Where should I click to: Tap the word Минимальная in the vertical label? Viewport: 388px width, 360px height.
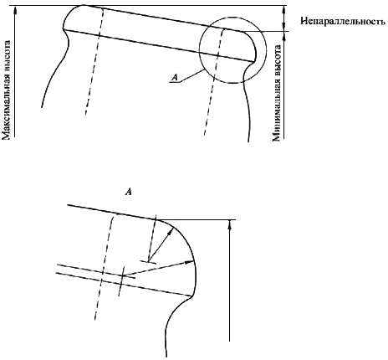click(x=276, y=114)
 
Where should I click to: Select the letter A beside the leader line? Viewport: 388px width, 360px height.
click(x=175, y=77)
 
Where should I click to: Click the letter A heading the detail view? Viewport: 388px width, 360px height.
click(x=129, y=192)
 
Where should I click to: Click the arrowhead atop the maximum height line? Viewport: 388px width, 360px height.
click(x=15, y=10)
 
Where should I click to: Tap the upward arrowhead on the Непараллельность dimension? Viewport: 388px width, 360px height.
click(x=283, y=10)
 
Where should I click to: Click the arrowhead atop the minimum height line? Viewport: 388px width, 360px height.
click(x=284, y=35)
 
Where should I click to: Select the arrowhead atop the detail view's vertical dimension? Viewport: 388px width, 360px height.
click(x=230, y=224)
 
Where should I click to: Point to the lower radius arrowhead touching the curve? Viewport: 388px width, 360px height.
click(x=190, y=262)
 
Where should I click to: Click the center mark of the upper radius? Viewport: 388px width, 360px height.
click(x=149, y=262)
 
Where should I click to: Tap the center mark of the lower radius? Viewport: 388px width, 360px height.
click(x=122, y=276)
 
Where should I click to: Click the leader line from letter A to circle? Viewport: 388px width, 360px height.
click(x=192, y=75)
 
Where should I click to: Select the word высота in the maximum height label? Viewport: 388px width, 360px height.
click(x=7, y=57)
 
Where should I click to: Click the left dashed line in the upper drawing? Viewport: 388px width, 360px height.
click(x=94, y=61)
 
